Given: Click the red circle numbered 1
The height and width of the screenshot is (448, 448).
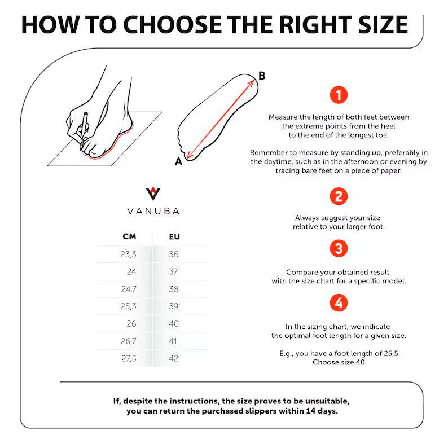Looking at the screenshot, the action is (339, 95).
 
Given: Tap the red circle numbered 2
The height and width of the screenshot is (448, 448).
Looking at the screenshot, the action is (339, 196).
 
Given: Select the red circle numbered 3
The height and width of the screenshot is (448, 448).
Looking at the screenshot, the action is (339, 248).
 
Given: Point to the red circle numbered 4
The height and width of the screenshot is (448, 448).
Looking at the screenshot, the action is (339, 303).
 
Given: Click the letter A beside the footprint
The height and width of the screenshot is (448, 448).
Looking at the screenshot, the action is (178, 162).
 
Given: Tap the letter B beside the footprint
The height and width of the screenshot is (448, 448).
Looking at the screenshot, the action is (262, 76).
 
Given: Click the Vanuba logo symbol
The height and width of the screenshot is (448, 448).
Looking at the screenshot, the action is (153, 194).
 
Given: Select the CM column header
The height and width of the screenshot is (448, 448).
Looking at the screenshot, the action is (129, 236).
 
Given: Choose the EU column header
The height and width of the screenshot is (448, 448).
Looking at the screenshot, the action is (174, 236).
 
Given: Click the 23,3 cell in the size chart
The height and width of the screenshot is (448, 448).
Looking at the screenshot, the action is (128, 254).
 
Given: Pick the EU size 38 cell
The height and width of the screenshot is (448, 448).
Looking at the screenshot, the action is (174, 289).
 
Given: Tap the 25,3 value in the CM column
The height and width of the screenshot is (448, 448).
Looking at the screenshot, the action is (128, 306).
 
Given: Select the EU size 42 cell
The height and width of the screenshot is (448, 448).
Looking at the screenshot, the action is (174, 358).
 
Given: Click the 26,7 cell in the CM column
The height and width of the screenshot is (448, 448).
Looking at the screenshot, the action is (128, 341).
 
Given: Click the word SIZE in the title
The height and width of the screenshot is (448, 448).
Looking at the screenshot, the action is (383, 25).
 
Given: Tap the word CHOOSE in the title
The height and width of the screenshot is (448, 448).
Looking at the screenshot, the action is (173, 25).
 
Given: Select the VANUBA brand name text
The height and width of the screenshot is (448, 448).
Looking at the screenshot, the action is (153, 211).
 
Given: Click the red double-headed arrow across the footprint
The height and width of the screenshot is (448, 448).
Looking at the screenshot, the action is (220, 119).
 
